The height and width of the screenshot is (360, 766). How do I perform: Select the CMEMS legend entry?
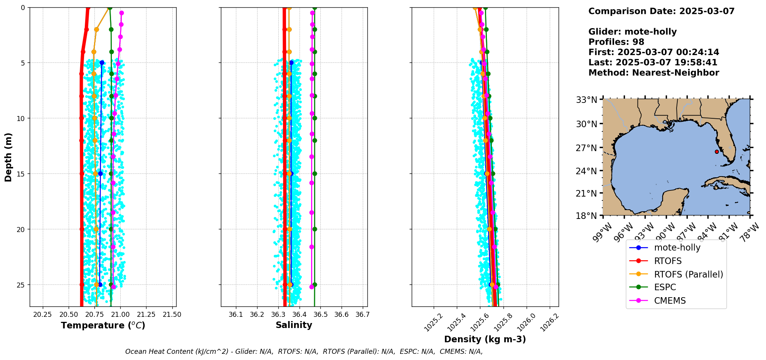point(670,301)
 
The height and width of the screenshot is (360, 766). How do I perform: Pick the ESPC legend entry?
point(665,287)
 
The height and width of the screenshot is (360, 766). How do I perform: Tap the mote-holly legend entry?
point(677,247)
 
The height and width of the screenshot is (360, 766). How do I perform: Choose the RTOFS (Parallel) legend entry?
point(688,274)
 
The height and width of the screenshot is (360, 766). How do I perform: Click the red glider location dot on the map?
point(717,151)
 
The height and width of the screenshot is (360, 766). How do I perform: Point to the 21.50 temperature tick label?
point(172,315)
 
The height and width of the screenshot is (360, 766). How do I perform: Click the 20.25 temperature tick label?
point(43,315)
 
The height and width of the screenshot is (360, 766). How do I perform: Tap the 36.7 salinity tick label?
point(362,315)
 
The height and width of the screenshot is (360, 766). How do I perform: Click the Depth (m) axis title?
point(8,157)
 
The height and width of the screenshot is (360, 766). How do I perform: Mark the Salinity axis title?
point(294,325)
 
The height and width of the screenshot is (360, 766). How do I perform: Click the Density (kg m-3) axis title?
point(485,339)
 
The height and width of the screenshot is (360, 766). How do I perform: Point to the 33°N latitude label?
point(586,100)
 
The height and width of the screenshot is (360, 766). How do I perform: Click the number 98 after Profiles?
point(638,42)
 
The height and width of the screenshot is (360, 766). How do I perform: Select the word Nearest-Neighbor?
point(675,73)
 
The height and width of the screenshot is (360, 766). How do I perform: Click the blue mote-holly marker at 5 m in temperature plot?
point(102,62)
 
